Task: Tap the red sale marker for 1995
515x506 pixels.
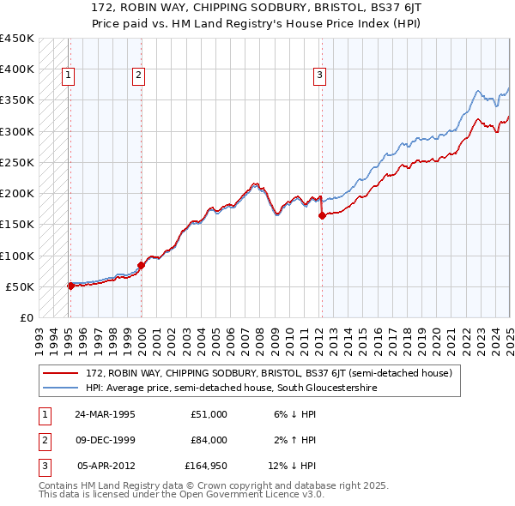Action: (71, 286)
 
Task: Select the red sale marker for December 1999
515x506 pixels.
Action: (142, 265)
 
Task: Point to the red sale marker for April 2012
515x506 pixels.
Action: (322, 216)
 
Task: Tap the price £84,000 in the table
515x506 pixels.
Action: (209, 440)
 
